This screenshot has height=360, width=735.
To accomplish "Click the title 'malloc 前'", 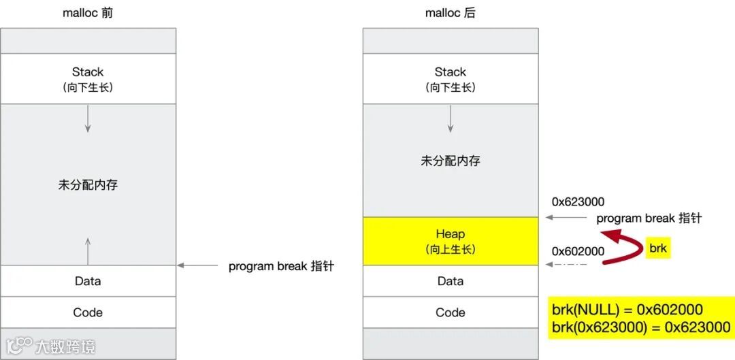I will coord(88,13).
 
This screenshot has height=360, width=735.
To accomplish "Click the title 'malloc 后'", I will coord(450,13).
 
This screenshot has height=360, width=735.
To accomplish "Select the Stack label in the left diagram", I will coord(88,72).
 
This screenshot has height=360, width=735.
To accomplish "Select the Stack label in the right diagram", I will coord(451,72).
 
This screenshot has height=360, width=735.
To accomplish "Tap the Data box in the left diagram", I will coord(88,281).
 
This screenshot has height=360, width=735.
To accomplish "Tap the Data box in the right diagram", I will coord(451,281).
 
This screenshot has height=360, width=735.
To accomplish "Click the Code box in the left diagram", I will coord(88,312).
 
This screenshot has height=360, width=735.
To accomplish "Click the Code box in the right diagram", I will coord(451,312).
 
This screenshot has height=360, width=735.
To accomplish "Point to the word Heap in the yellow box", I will coord(451,234).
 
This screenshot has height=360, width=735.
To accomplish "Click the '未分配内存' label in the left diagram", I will coord(88,184).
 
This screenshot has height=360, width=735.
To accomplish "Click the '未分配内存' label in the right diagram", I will coord(451,161).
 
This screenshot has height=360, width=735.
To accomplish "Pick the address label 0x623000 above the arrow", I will coord(578,202).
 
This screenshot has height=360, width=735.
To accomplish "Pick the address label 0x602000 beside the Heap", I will coord(578,251).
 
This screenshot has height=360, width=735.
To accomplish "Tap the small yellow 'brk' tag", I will coord(658,248).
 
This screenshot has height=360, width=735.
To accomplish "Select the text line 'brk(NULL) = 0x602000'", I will coord(627,310).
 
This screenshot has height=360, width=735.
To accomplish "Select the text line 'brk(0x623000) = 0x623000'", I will coord(640,327).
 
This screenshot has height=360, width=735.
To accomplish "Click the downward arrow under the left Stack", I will coord(88,120).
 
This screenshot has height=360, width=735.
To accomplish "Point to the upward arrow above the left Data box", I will coord(88,250).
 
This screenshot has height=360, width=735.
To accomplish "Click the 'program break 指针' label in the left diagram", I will coord(281,266).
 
